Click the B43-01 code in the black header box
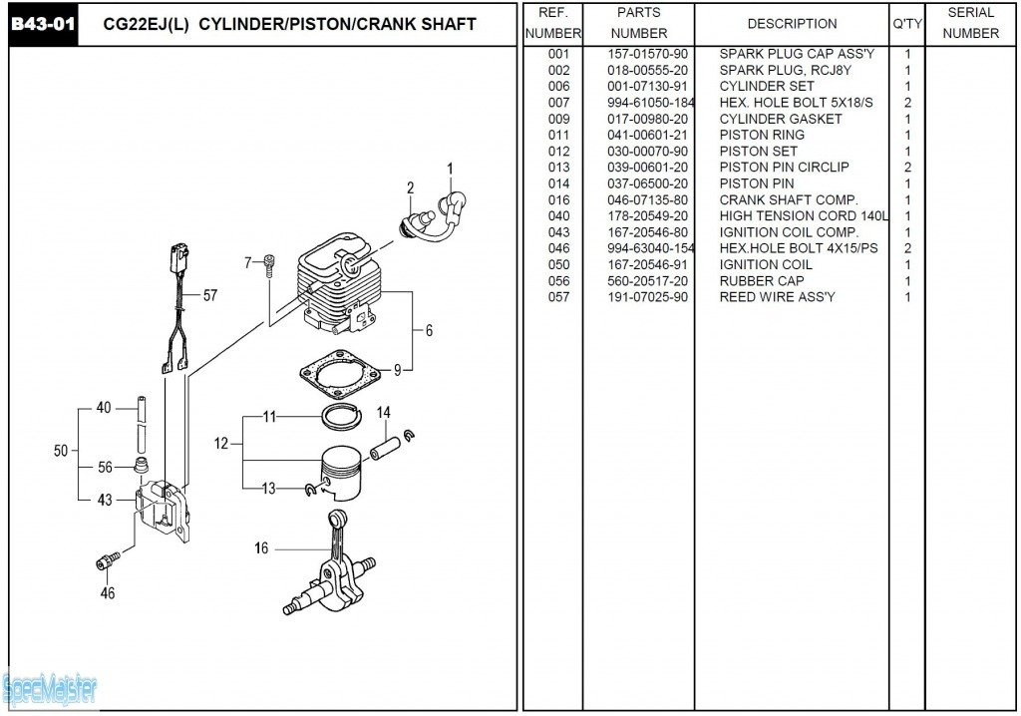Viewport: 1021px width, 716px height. (43, 25)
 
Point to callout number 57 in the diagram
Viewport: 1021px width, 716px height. (210, 296)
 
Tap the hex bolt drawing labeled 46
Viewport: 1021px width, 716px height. (109, 561)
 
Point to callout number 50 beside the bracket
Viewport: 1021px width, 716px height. (61, 451)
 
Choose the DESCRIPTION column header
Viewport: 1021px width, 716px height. (792, 24)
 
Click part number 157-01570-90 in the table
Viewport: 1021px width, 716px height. (647, 54)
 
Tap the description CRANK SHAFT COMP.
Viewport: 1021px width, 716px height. (789, 200)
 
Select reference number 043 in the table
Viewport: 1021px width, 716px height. (558, 232)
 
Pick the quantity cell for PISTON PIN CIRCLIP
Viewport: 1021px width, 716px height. (907, 168)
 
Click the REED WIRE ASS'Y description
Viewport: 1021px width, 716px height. (777, 297)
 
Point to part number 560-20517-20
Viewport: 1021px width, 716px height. (647, 281)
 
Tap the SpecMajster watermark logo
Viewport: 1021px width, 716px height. (50, 689)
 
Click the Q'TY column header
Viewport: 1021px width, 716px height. (907, 24)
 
